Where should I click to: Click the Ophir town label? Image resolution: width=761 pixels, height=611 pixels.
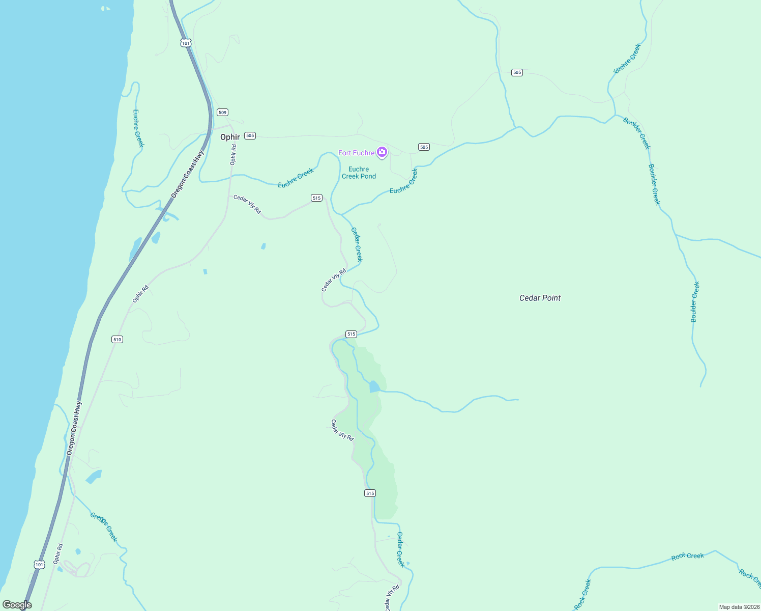230,137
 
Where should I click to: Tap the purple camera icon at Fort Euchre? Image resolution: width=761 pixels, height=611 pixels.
382,152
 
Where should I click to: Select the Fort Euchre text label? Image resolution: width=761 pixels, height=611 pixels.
356,153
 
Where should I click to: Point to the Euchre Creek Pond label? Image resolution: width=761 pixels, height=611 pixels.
359,173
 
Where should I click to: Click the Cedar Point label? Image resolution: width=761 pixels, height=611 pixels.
540,298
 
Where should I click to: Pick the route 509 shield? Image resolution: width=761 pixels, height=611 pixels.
222,112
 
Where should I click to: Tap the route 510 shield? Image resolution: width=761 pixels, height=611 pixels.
117,339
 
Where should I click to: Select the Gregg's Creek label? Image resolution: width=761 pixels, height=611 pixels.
104,527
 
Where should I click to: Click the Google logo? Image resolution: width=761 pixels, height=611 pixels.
17,604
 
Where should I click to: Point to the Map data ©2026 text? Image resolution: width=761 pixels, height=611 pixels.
738,607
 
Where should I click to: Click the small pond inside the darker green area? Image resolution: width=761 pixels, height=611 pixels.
374,387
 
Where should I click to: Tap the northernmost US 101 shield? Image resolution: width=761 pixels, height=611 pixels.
186,43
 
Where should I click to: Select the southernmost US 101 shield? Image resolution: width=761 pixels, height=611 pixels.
40,564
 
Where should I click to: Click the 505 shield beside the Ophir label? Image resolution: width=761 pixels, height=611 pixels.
250,135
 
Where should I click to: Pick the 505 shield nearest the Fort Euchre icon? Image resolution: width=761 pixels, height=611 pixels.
424,147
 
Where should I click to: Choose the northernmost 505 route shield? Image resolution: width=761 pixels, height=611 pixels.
517,72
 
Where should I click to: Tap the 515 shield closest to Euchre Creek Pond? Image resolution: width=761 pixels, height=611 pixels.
316,198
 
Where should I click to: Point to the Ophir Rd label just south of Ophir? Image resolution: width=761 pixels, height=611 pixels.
233,154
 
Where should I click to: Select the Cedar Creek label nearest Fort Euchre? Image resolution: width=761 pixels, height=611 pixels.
357,244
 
